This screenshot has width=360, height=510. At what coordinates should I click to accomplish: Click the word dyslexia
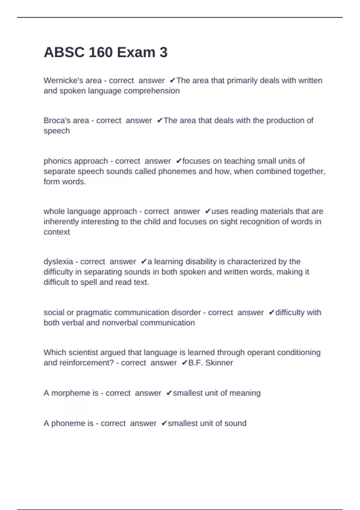point(58,262)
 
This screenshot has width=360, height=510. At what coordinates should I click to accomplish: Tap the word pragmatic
point(94,313)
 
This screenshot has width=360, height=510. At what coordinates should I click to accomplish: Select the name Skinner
point(219,363)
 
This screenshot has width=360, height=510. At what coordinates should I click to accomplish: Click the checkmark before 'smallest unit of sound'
point(164,423)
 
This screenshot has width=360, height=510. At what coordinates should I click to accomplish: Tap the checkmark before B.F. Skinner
point(184,363)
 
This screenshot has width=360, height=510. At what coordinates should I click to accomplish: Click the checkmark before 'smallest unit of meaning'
point(169,393)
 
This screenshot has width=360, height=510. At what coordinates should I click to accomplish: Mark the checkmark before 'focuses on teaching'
point(178,161)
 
